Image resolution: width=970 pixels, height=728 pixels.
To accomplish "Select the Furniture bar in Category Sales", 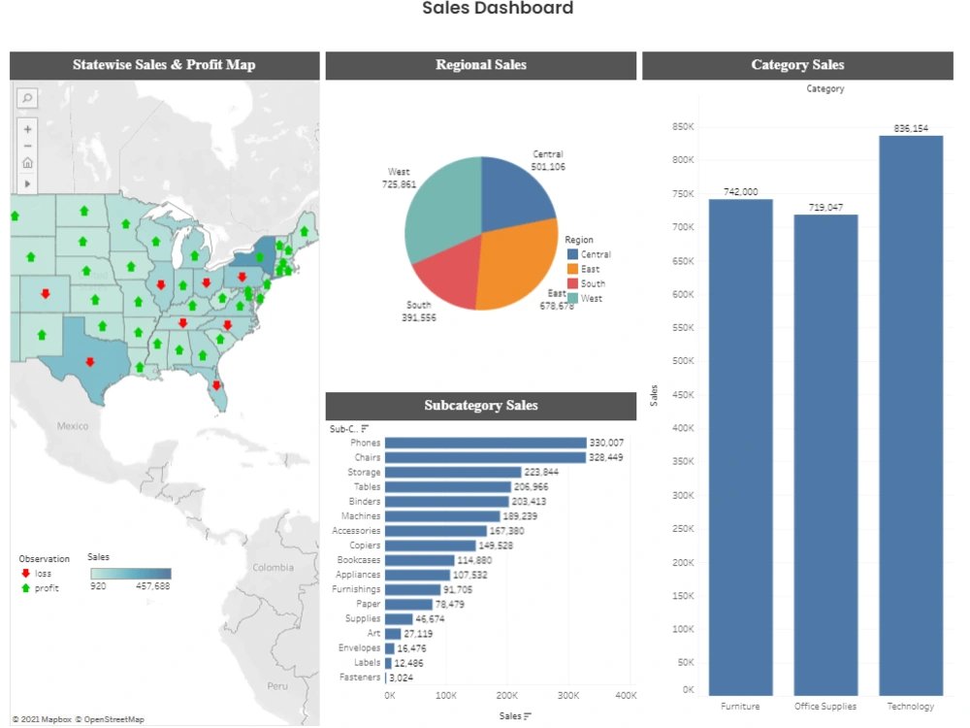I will pyautogui.click(x=740, y=447).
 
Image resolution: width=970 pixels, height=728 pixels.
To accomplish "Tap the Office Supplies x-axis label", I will pyautogui.click(x=825, y=707).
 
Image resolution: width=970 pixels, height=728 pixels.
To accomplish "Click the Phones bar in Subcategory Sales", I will pyautogui.click(x=485, y=443).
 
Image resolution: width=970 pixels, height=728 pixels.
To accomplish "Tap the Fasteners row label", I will pyautogui.click(x=360, y=678).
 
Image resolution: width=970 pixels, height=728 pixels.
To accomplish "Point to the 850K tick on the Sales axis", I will pyautogui.click(x=682, y=126).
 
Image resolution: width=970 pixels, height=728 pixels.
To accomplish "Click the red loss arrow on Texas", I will pyautogui.click(x=89, y=362).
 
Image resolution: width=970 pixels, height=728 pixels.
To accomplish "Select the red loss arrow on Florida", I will pyautogui.click(x=216, y=384).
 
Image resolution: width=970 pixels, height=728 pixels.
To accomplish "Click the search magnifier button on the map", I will pyautogui.click(x=27, y=98).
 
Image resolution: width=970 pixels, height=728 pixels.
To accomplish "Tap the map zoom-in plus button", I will pyautogui.click(x=27, y=128).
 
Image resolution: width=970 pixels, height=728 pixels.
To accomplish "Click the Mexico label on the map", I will pyautogui.click(x=72, y=426).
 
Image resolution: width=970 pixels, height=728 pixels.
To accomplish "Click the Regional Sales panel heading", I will pyautogui.click(x=480, y=65).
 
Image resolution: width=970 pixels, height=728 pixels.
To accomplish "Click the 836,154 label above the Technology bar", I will pyautogui.click(x=911, y=128).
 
